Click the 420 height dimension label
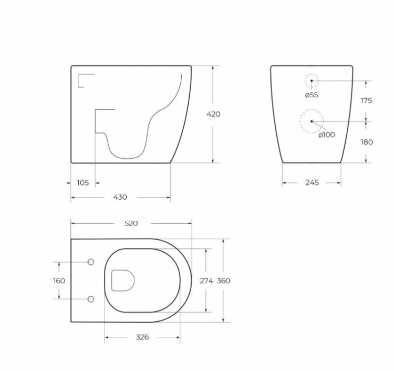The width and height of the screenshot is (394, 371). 213,114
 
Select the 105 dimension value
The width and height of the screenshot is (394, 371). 82,183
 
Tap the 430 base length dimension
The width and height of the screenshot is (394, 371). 120,197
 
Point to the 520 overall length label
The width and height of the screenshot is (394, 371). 131,223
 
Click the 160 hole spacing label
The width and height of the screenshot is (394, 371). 59,281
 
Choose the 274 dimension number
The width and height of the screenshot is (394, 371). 206,281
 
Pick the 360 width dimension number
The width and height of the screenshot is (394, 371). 224,281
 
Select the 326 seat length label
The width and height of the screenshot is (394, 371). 142,337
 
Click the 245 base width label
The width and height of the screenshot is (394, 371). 312,183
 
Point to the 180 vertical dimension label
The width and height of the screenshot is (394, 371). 366,142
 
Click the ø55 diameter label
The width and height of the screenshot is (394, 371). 312,95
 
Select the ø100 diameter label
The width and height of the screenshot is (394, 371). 326,135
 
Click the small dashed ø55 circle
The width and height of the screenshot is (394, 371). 312,80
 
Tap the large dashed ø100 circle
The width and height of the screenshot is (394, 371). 312,121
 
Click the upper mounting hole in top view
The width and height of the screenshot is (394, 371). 90,262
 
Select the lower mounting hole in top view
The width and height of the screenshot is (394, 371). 90,299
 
